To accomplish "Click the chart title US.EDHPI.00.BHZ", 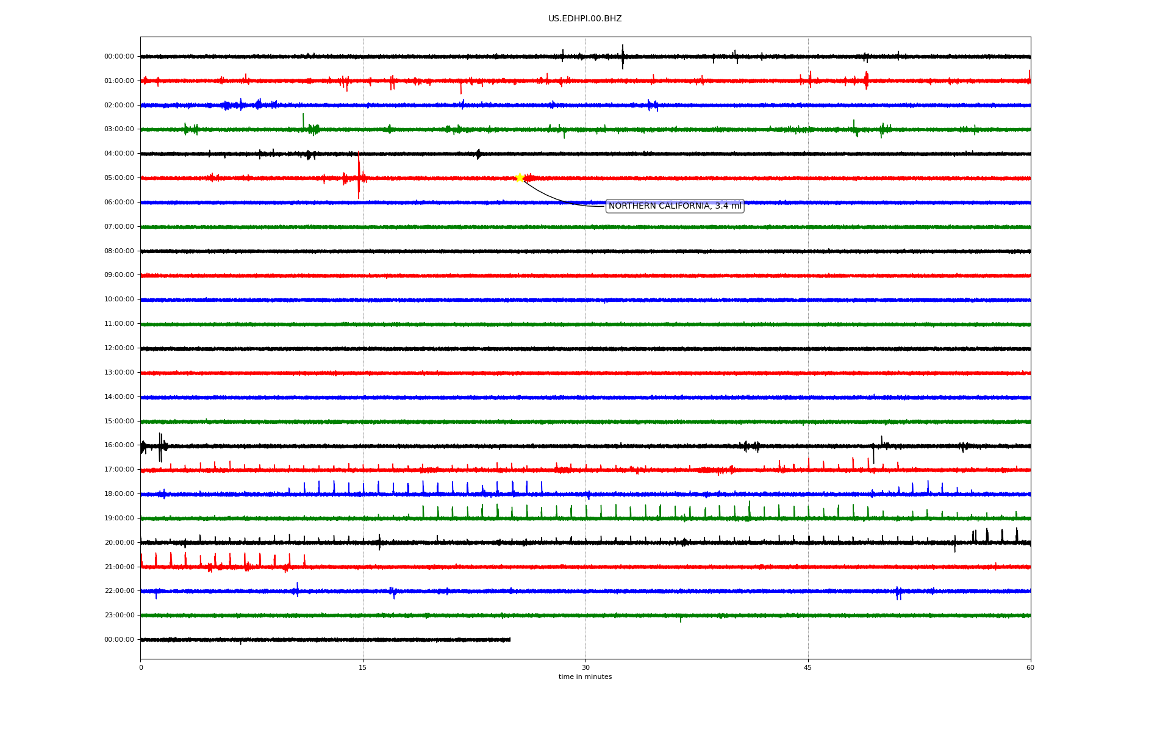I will pyautogui.click(x=585, y=19).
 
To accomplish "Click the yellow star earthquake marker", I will pyautogui.click(x=520, y=178).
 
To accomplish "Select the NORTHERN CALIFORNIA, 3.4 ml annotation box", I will pyautogui.click(x=675, y=206).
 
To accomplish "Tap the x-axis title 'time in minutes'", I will pyautogui.click(x=585, y=677).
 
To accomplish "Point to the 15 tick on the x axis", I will pyautogui.click(x=363, y=667).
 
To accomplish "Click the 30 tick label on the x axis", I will pyautogui.click(x=585, y=667).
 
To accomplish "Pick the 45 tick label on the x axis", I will pyautogui.click(x=808, y=667).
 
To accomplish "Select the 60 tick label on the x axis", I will pyautogui.click(x=1030, y=667).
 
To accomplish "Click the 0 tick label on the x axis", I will pyautogui.click(x=141, y=667).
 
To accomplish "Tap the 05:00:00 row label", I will pyautogui.click(x=119, y=178).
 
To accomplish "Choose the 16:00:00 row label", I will pyautogui.click(x=119, y=445).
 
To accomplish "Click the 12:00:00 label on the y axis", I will pyautogui.click(x=119, y=348).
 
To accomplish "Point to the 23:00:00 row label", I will pyautogui.click(x=119, y=615).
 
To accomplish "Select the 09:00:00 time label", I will pyautogui.click(x=119, y=275).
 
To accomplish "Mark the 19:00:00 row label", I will pyautogui.click(x=119, y=518).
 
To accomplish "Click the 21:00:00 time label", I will pyautogui.click(x=119, y=567).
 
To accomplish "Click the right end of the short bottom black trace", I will pyautogui.click(x=510, y=639).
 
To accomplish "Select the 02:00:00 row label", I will pyautogui.click(x=119, y=106).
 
